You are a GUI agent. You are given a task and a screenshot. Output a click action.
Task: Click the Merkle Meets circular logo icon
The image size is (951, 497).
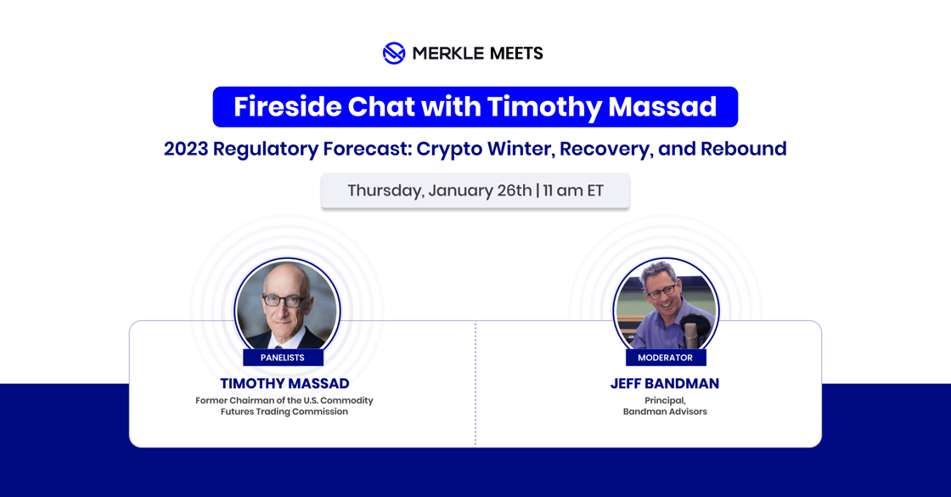coord(393,54)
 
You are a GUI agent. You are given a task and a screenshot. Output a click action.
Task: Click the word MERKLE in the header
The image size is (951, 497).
coord(443,54)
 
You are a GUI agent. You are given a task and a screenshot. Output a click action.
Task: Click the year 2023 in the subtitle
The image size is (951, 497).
coord(185,149)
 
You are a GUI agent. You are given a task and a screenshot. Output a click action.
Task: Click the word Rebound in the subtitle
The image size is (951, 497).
coord(745,149)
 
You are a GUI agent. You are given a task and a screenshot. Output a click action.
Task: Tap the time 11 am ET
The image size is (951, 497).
coord(573,190)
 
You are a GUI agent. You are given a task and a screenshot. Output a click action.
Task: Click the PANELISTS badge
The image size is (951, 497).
coord(283,358)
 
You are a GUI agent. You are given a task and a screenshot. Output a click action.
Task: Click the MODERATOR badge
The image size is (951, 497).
coord(665,358)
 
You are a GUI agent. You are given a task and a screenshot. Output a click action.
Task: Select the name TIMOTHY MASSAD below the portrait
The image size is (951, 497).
coord(284,384)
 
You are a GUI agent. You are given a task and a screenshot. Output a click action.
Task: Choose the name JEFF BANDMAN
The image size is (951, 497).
coord(665,384)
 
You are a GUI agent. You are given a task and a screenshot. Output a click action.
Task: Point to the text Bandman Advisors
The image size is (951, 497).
coord(665,412)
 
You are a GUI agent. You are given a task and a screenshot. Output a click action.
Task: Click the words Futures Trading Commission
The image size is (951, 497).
coord(284,412)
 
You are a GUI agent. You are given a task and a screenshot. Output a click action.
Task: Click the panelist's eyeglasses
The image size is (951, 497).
coord(284,300)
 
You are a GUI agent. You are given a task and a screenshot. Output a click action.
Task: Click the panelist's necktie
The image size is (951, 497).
coord(279,344)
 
